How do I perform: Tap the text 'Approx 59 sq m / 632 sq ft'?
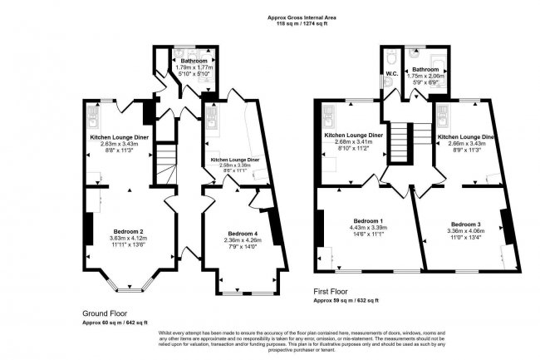(x=346, y=300)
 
